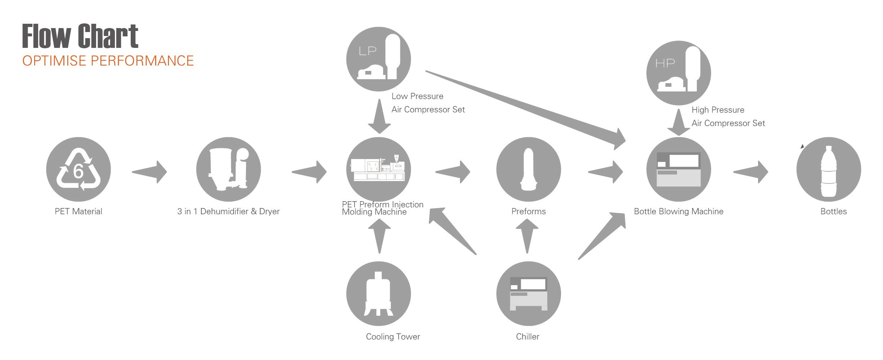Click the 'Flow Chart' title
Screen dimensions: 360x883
click(80, 36)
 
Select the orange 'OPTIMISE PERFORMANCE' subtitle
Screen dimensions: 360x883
click(108, 61)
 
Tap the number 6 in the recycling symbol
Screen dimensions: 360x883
click(78, 171)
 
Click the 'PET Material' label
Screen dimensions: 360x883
click(79, 211)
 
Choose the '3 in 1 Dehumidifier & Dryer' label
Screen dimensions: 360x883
click(228, 211)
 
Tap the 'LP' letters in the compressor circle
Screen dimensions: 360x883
click(367, 51)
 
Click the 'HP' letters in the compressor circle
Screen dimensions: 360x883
click(665, 64)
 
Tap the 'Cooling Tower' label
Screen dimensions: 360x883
click(393, 337)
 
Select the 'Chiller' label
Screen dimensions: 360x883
click(528, 337)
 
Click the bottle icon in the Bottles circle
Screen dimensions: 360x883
click(828, 171)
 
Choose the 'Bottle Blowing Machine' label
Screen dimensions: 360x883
click(678, 211)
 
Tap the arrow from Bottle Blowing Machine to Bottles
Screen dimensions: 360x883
click(751, 172)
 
